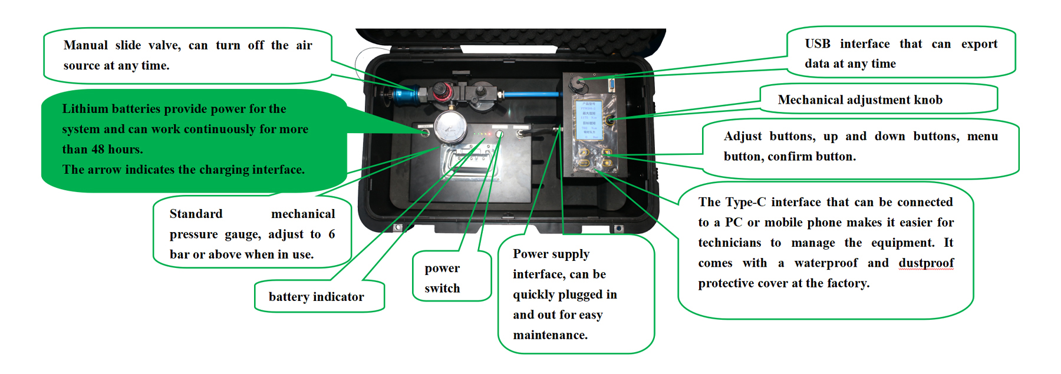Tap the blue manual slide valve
click(406, 94)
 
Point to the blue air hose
click(530, 94)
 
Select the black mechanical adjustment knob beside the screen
click(611, 120)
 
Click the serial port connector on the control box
click(611, 84)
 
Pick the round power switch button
click(499, 134)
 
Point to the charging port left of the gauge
click(425, 133)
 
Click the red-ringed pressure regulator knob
click(440, 91)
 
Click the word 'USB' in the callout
click(818, 44)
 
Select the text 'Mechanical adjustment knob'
click(859, 100)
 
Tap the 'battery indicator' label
click(316, 297)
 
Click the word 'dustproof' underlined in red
click(926, 263)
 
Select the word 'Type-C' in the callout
click(745, 203)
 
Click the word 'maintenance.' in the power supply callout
click(550, 335)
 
